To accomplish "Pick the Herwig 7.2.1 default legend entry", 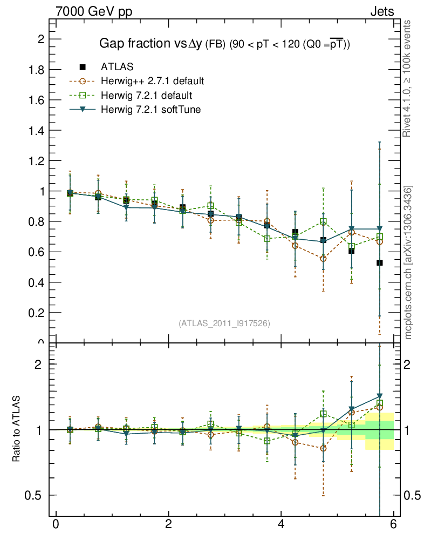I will click(146, 96).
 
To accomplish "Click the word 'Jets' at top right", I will click(381, 11).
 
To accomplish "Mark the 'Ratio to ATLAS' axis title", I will click(16, 429).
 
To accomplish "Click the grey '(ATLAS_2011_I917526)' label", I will click(224, 323).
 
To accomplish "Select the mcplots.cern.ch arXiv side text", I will click(408, 262).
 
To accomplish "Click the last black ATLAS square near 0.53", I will click(380, 262).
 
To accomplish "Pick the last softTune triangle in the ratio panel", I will click(380, 397).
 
